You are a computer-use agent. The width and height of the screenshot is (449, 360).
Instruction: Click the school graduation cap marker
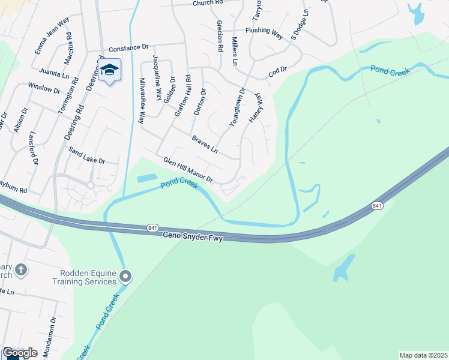[109, 70]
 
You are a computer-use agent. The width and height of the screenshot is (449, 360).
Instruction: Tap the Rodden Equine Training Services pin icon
[125, 277]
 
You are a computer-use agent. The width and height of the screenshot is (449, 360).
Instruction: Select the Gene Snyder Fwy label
[193, 238]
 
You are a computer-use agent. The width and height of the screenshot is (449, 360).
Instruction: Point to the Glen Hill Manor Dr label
[188, 169]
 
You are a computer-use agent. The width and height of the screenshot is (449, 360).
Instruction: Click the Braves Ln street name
[205, 144]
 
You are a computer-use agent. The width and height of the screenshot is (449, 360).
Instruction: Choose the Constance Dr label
[128, 47]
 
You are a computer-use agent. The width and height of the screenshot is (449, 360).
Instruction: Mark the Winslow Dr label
[44, 88]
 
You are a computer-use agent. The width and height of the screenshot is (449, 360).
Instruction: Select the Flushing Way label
[264, 33]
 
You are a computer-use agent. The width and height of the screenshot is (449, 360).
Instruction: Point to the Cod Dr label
[278, 71]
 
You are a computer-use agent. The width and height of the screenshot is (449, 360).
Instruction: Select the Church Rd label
[208, 4]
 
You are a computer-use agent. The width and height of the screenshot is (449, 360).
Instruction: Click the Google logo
[20, 353]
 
